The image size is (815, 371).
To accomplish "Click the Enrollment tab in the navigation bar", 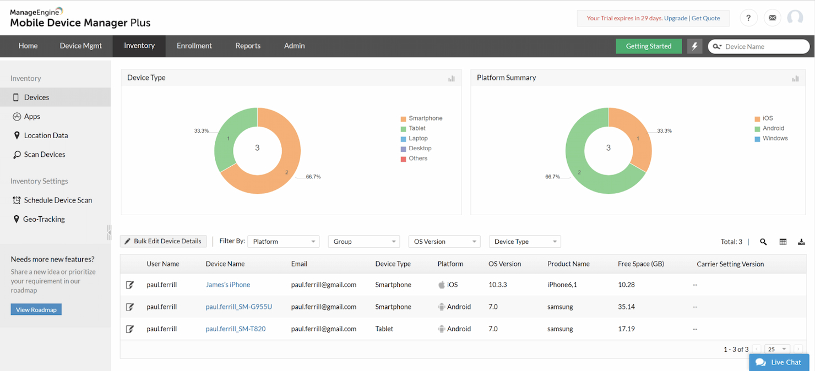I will point(194,46).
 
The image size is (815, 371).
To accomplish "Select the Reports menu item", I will point(248,46).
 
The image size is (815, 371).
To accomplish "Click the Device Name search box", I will point(763,47).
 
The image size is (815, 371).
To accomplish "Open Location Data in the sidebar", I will point(46,135).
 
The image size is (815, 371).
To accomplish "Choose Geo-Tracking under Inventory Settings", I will point(44,219).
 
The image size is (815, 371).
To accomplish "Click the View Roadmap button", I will point(36,309).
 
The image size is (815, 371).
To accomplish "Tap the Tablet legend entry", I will point(417,128).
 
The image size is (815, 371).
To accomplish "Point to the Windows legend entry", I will point(775,138).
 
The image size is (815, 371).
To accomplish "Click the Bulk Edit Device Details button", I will point(163,241).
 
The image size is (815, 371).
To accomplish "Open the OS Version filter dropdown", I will point(444,242).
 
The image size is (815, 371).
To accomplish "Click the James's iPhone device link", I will point(228,285).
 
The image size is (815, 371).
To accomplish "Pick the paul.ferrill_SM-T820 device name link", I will point(236,329).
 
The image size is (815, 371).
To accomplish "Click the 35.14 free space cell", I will point(626,307).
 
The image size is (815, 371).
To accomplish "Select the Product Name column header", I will point(568,264).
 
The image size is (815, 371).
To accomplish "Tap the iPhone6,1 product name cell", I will point(562,285).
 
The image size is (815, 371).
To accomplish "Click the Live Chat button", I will point(779,362).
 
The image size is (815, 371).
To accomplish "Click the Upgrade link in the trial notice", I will point(676,18).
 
